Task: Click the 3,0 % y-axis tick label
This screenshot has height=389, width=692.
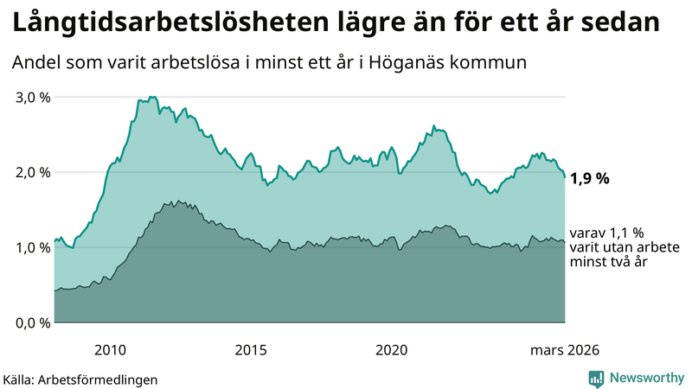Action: click(34, 97)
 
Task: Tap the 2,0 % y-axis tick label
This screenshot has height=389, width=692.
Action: click(34, 172)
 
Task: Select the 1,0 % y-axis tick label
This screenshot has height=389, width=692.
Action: click(34, 247)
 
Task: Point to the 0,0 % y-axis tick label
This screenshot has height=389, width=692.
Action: click(34, 322)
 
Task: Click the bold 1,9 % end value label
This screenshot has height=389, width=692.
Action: click(591, 179)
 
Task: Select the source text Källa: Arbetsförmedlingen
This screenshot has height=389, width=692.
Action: click(80, 379)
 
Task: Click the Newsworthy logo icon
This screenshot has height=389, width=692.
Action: click(596, 378)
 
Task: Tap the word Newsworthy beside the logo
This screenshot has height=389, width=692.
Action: click(645, 378)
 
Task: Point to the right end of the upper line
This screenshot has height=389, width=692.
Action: click(565, 176)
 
